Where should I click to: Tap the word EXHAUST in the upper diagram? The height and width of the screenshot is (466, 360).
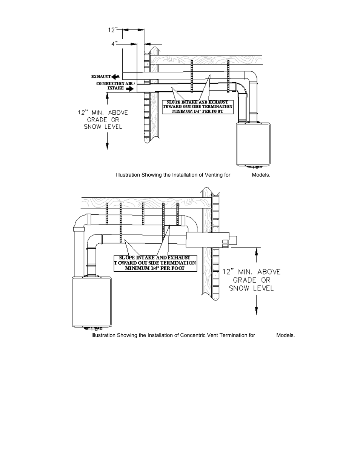pos(101,76)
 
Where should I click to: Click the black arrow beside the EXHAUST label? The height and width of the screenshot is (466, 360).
pos(116,76)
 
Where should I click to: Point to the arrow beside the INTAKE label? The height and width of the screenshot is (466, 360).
pos(129,89)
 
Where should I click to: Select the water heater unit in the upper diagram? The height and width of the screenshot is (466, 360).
pos(253,144)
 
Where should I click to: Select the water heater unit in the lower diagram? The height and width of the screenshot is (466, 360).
pos(91,301)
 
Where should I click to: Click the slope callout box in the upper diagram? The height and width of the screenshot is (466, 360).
pos(197,107)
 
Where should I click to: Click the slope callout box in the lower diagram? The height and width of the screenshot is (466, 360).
pos(155,263)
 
